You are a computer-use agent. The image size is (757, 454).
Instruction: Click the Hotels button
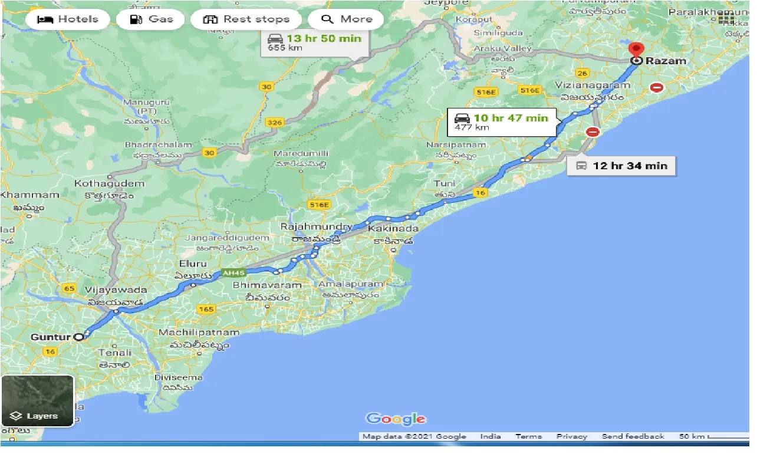tap(68, 19)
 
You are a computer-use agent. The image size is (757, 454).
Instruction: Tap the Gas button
tap(152, 19)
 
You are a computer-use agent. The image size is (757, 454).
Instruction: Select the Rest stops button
tap(246, 19)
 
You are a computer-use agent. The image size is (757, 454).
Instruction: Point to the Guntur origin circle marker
tap(78, 337)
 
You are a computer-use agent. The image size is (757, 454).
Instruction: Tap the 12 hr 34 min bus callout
tap(621, 166)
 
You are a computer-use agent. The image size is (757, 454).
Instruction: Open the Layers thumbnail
tap(37, 401)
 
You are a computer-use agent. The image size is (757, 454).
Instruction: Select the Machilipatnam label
tap(199, 333)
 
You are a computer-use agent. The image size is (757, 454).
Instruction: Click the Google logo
tap(396, 419)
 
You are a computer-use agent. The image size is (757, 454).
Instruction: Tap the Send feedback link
tap(633, 437)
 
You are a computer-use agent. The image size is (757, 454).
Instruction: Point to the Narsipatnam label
tap(458, 145)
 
